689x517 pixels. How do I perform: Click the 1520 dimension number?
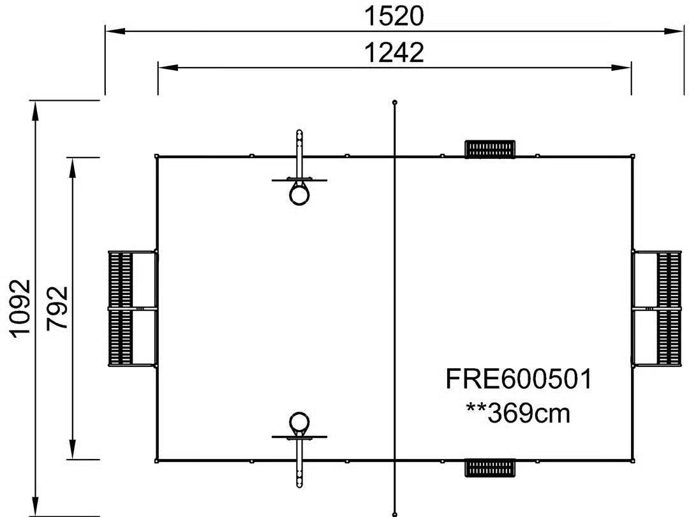point(394,16)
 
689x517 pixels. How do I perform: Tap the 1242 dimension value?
point(394,52)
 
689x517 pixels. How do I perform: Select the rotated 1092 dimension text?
point(20,309)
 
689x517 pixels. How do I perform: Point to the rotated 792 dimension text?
point(57,308)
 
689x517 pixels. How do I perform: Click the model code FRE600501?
point(519,379)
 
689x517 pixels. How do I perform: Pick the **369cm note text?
point(518,413)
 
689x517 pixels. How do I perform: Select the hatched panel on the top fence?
point(490,149)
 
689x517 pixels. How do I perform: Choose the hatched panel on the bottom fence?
point(490,468)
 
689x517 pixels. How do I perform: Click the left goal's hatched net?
point(121,309)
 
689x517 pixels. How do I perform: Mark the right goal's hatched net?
point(669,309)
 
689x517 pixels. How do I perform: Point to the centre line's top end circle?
point(395,102)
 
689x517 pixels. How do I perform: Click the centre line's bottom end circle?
point(395,514)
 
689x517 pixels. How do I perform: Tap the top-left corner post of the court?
point(157,156)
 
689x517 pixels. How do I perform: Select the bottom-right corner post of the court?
point(632,461)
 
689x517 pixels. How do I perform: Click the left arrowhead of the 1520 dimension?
point(115,31)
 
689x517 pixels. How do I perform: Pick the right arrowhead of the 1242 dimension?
point(621,68)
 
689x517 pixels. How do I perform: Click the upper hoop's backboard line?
point(299,180)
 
